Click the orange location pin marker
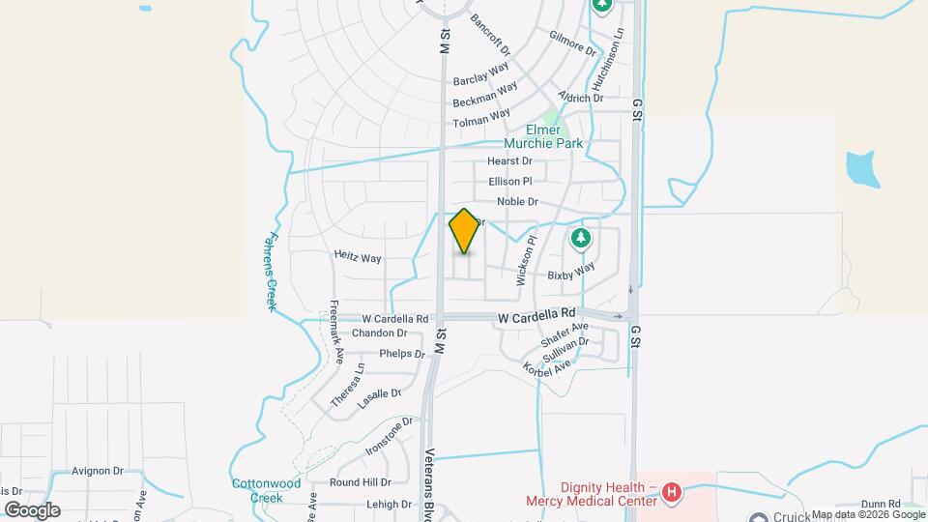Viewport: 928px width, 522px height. coord(464,231)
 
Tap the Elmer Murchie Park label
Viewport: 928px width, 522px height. coord(555,136)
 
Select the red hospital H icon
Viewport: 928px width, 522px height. coord(673,494)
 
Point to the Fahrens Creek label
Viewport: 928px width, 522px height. coord(271,271)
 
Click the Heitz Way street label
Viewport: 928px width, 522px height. coord(358,258)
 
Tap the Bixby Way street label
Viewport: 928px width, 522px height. coord(570,273)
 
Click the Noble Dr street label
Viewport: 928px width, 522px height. coord(517,201)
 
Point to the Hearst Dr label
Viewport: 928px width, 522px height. coord(509,160)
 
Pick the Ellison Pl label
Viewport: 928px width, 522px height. coord(510,181)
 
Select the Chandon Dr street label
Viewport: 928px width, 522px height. coord(379,333)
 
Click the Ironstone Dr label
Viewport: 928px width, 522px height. coord(390,436)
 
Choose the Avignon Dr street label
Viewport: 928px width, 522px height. coord(98,472)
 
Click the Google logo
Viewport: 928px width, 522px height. coord(32,509)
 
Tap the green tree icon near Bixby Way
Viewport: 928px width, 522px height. coord(580,238)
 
